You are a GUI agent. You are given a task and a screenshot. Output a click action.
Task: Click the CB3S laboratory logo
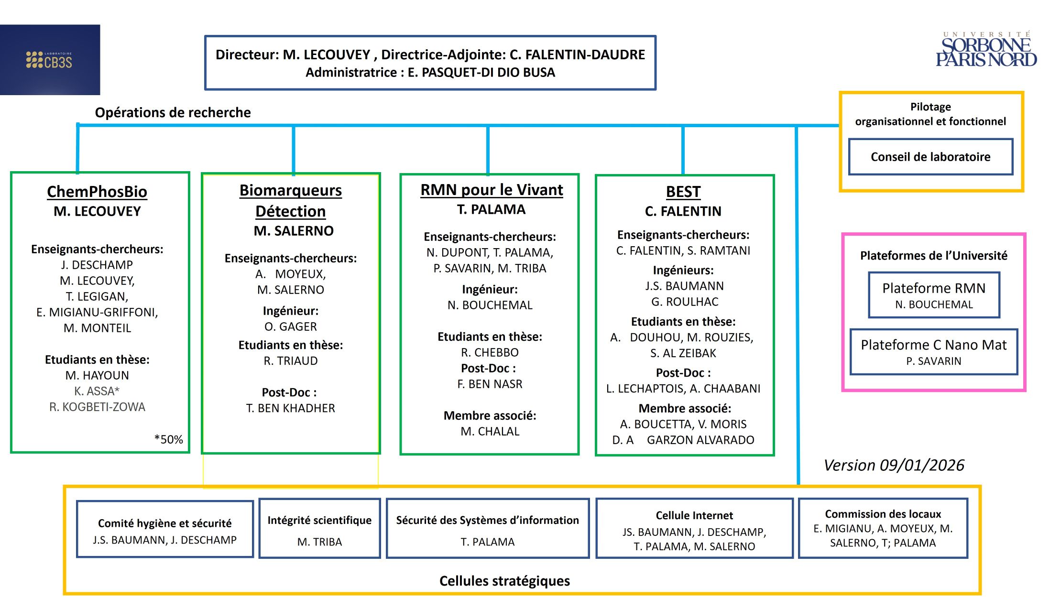pyautogui.click(x=50, y=60)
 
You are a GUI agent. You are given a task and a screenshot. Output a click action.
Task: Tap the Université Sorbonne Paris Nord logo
pyautogui.click(x=986, y=50)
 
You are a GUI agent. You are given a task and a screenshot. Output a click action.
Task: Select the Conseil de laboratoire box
pyautogui.click(x=930, y=157)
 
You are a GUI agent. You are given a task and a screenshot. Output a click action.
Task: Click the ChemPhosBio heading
pyautogui.click(x=97, y=192)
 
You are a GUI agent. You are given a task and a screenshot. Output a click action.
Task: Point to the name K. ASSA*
pyautogui.click(x=97, y=391)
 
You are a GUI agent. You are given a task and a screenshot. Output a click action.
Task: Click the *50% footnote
pyautogui.click(x=168, y=439)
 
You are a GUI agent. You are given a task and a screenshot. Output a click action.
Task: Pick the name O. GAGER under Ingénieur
pyautogui.click(x=290, y=327)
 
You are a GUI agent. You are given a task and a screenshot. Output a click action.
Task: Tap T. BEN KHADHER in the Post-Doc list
pyautogui.click(x=290, y=408)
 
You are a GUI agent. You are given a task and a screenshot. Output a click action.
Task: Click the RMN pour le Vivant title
pyautogui.click(x=491, y=190)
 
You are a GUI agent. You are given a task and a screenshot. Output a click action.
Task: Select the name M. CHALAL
pyautogui.click(x=490, y=431)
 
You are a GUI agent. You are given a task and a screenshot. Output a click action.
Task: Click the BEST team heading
pyautogui.click(x=683, y=192)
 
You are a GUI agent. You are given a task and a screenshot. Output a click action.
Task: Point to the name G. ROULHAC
pyautogui.click(x=684, y=302)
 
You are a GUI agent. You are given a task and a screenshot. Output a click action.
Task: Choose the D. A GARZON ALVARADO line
pyautogui.click(x=683, y=440)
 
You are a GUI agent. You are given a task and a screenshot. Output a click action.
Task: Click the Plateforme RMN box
pyautogui.click(x=933, y=295)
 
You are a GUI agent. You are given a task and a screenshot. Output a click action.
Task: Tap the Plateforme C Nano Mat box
pyautogui.click(x=933, y=352)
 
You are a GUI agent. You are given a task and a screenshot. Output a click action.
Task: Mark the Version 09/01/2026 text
pyautogui.click(x=894, y=465)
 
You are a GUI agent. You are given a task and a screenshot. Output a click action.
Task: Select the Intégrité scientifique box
pyautogui.click(x=319, y=528)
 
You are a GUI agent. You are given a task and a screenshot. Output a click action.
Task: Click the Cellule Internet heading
pyautogui.click(x=694, y=515)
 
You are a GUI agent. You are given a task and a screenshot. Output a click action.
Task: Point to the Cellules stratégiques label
pyautogui.click(x=504, y=581)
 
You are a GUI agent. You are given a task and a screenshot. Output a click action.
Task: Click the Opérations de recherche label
pyautogui.click(x=173, y=112)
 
